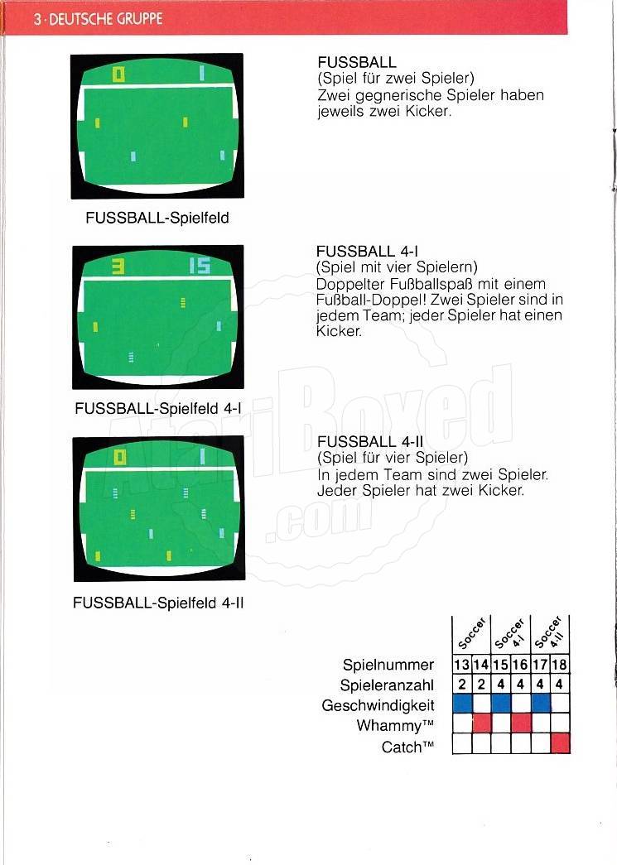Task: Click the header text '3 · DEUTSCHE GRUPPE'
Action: (98, 19)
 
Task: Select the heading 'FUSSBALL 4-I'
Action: (367, 252)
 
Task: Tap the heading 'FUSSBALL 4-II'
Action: (370, 442)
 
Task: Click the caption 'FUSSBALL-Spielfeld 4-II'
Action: (158, 603)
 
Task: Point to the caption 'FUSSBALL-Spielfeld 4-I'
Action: (158, 409)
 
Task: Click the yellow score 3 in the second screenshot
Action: (118, 267)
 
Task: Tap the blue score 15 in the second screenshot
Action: (200, 267)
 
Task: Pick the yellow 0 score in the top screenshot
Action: (118, 74)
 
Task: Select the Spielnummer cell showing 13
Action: (462, 664)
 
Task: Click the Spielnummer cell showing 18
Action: (560, 664)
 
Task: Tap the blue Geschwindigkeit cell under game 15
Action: (501, 704)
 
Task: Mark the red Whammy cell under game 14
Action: (482, 723)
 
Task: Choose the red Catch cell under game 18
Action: (560, 743)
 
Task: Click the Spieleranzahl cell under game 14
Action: (482, 684)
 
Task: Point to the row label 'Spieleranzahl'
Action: (387, 685)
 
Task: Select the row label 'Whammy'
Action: (394, 725)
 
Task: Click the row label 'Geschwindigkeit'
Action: (378, 705)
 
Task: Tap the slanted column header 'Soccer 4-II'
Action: (550, 632)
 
